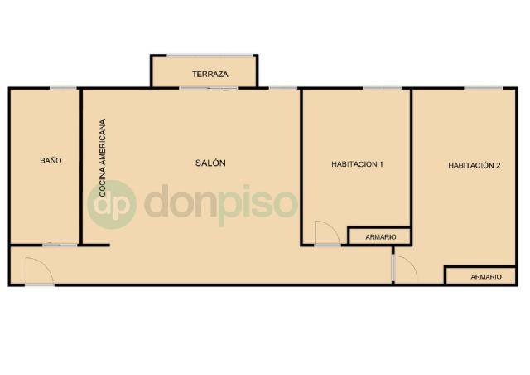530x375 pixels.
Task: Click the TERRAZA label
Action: point(210,74)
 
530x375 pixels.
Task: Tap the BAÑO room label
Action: point(51,160)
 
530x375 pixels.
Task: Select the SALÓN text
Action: point(210,163)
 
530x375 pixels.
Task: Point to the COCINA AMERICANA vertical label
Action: point(103,158)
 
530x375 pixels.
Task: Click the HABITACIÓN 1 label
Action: point(357,164)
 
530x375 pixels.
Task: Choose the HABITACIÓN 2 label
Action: point(474,166)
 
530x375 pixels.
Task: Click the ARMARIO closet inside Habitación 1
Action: point(379,236)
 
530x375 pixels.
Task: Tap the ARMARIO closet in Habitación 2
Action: point(480,276)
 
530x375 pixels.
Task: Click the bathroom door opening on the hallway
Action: point(60,245)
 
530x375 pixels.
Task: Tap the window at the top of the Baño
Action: point(63,89)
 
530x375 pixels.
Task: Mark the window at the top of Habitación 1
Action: point(383,89)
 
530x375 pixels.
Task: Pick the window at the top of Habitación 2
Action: point(484,89)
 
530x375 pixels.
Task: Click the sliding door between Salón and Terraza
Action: point(208,89)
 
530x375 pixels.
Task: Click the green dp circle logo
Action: point(112,205)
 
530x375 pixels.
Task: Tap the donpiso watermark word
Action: point(221,204)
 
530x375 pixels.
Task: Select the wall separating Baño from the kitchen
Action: point(81,166)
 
